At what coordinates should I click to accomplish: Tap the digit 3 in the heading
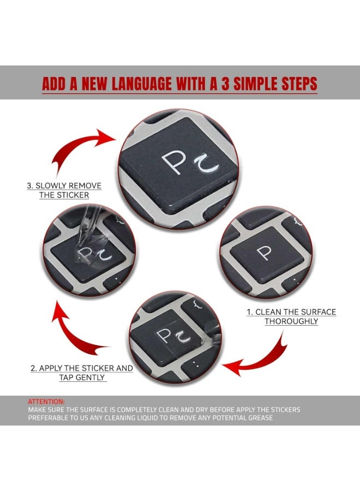tap(225, 83)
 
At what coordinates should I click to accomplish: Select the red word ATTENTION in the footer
tap(46, 402)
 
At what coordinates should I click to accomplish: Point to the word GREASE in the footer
tap(260, 418)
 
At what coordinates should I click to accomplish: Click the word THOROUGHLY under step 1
tap(291, 321)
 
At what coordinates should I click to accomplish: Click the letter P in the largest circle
tap(172, 163)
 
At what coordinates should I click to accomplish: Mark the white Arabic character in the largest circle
tap(206, 164)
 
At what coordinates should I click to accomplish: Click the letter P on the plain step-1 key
tap(266, 253)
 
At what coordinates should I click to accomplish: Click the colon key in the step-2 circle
tap(197, 366)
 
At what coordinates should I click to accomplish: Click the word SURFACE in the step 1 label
tap(315, 312)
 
